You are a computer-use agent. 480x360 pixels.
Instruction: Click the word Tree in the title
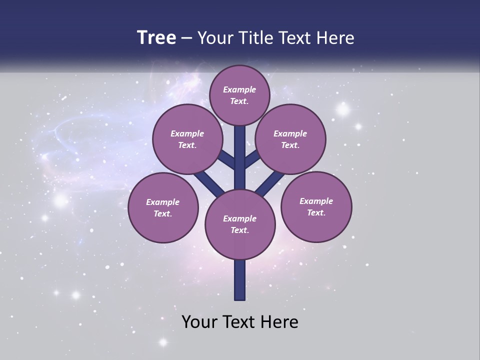coord(156,38)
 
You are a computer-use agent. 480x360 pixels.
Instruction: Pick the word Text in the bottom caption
coord(239,321)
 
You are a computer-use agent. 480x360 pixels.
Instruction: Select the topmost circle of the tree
coord(239,95)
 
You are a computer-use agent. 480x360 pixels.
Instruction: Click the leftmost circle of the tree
coord(163,207)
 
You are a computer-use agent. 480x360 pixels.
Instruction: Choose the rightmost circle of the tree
coord(316,206)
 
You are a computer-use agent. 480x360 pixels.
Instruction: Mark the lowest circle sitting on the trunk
coord(240,224)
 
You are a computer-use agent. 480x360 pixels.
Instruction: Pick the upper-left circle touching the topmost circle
coord(187,139)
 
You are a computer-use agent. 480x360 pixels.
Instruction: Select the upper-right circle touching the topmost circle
coord(290,139)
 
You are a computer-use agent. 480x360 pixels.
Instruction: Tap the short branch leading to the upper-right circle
coord(251,159)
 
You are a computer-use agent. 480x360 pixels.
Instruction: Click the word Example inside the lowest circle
coord(239,218)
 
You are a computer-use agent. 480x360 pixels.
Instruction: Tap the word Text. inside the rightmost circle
coord(316,212)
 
